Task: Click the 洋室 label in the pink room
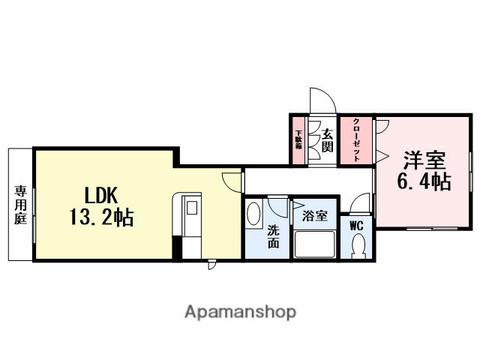click(x=424, y=160)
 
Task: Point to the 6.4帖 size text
click(x=424, y=181)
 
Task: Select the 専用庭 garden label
click(x=19, y=204)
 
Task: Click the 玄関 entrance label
click(x=327, y=141)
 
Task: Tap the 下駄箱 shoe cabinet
click(x=298, y=140)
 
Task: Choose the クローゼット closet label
click(x=356, y=140)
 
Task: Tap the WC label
click(x=356, y=223)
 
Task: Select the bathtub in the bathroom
click(x=315, y=244)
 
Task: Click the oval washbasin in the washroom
click(x=254, y=214)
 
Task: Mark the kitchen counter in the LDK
click(x=187, y=217)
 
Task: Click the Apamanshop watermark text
click(x=240, y=311)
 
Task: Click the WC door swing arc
click(x=360, y=202)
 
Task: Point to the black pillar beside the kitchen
click(x=178, y=247)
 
